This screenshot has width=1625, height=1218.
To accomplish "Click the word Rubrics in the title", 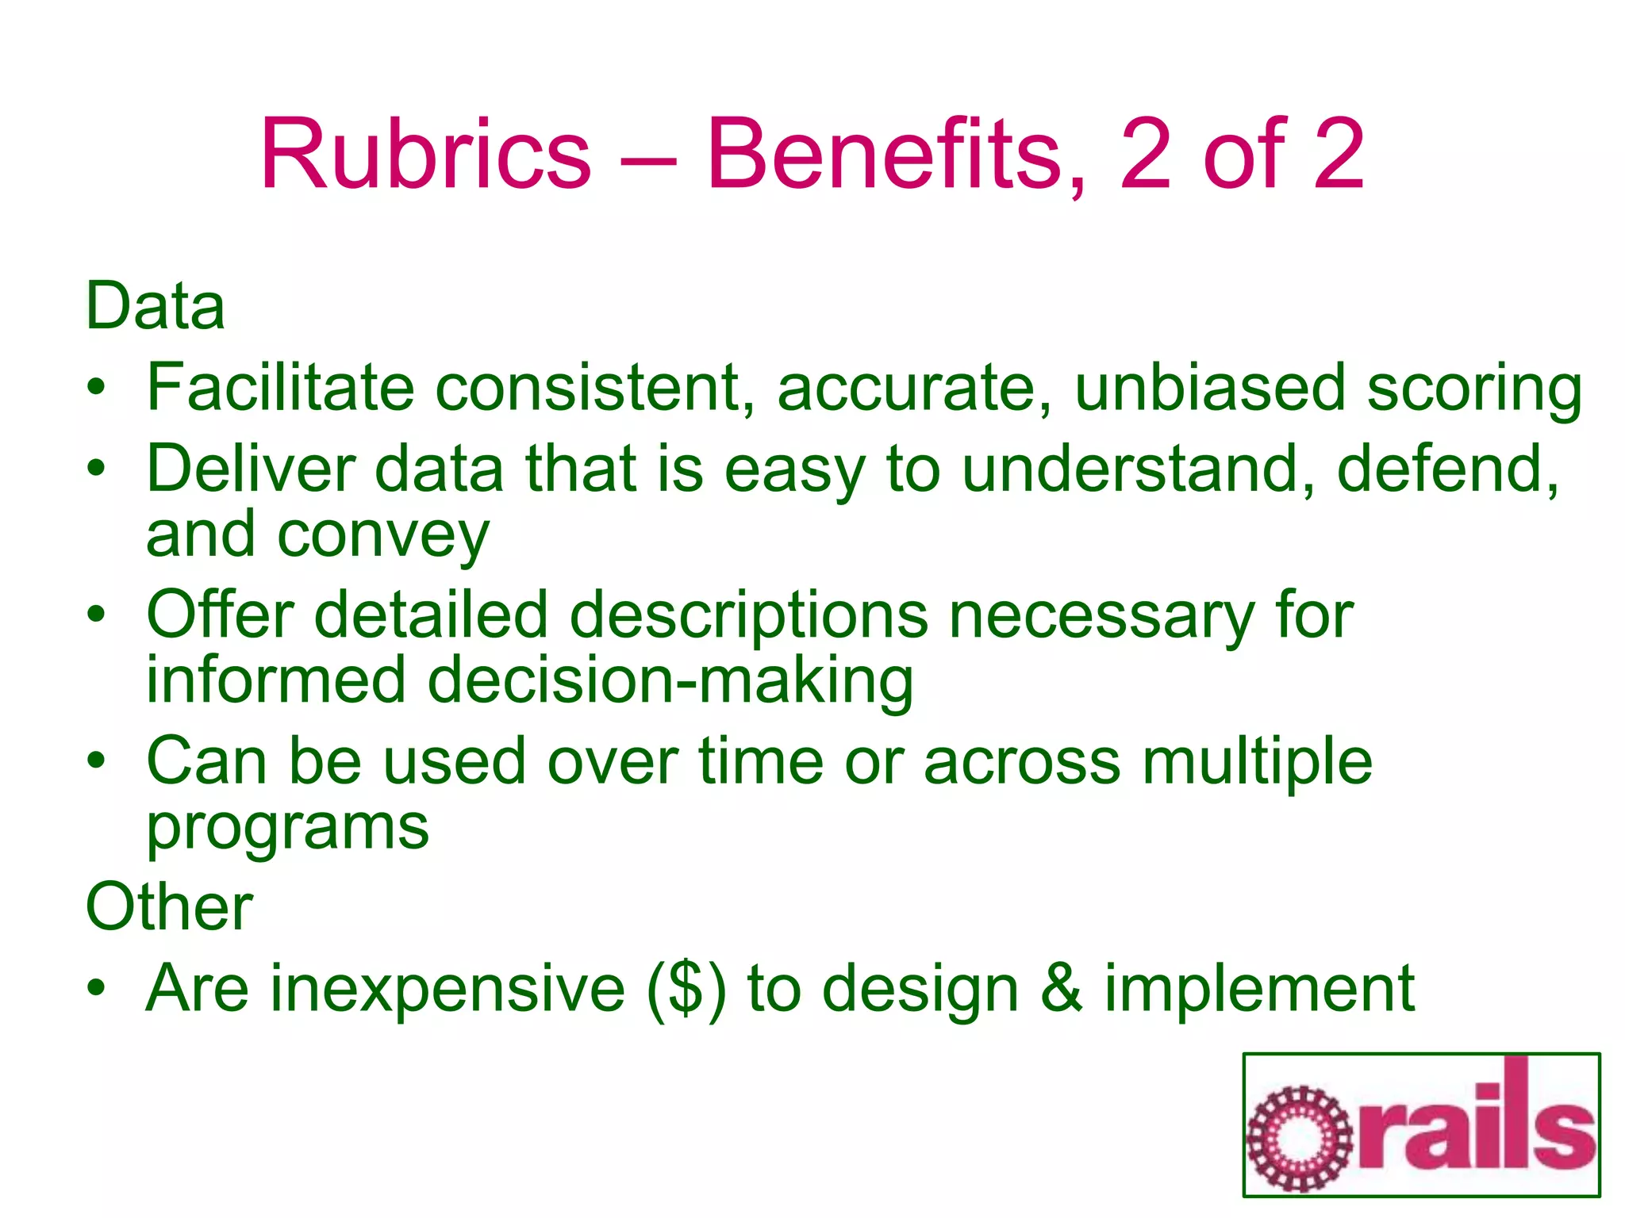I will click(x=425, y=154).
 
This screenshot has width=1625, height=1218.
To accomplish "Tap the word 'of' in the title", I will click(x=1243, y=154).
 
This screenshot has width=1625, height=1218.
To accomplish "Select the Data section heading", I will click(x=156, y=306).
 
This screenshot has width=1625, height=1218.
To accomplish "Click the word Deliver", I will click(x=251, y=469).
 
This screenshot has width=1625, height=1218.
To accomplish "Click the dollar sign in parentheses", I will click(x=686, y=989).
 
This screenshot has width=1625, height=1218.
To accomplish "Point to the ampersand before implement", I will click(x=1062, y=989).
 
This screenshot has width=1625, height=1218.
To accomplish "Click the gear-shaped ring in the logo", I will click(x=1299, y=1139).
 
